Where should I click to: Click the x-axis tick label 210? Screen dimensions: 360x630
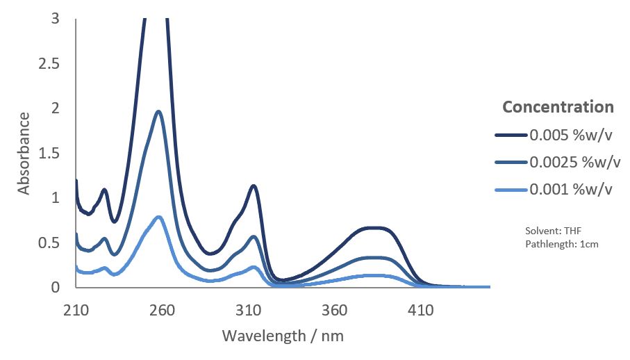coord(76,310)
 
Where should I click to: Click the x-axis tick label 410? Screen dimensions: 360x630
coord(420,310)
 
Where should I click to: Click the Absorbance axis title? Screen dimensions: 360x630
coord(24,153)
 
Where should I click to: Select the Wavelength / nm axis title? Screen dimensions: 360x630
coord(283,336)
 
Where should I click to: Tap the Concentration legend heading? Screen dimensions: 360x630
coord(558,107)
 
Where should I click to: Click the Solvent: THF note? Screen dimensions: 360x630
coord(554,231)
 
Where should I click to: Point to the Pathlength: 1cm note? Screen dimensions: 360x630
coord(562,244)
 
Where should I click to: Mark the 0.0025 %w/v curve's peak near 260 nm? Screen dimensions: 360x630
coord(159,111)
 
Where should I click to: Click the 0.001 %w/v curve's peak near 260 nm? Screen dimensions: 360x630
coord(159,217)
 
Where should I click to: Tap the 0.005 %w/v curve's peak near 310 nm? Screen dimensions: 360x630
coord(254,186)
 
